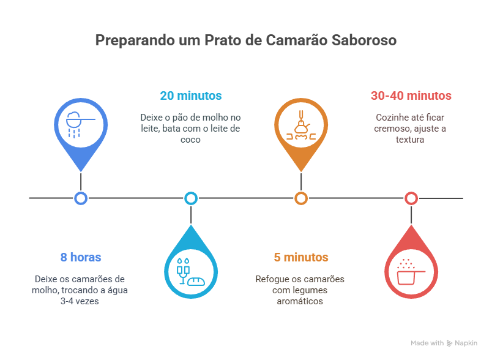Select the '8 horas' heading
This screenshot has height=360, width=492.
click(81, 257)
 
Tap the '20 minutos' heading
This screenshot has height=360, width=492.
click(191, 96)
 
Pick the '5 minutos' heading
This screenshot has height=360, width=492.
click(301, 257)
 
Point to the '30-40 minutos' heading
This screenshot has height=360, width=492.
click(411, 96)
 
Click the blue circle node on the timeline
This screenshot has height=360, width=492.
click(81, 198)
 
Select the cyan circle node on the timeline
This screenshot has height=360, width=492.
click(191, 198)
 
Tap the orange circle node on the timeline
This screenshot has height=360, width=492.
click(301, 198)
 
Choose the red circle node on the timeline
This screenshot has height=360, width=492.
click(411, 198)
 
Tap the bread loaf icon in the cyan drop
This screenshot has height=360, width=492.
click(196, 281)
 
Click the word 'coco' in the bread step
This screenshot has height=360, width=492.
click(190, 140)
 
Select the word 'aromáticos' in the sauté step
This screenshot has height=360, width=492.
click(300, 301)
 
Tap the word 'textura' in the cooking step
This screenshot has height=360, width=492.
click(410, 140)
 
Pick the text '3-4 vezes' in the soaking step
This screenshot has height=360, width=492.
click(80, 301)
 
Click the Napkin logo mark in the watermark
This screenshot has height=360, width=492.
click(449, 343)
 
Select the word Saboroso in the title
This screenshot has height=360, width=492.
click(364, 40)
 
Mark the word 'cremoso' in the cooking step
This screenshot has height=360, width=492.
click(392, 129)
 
